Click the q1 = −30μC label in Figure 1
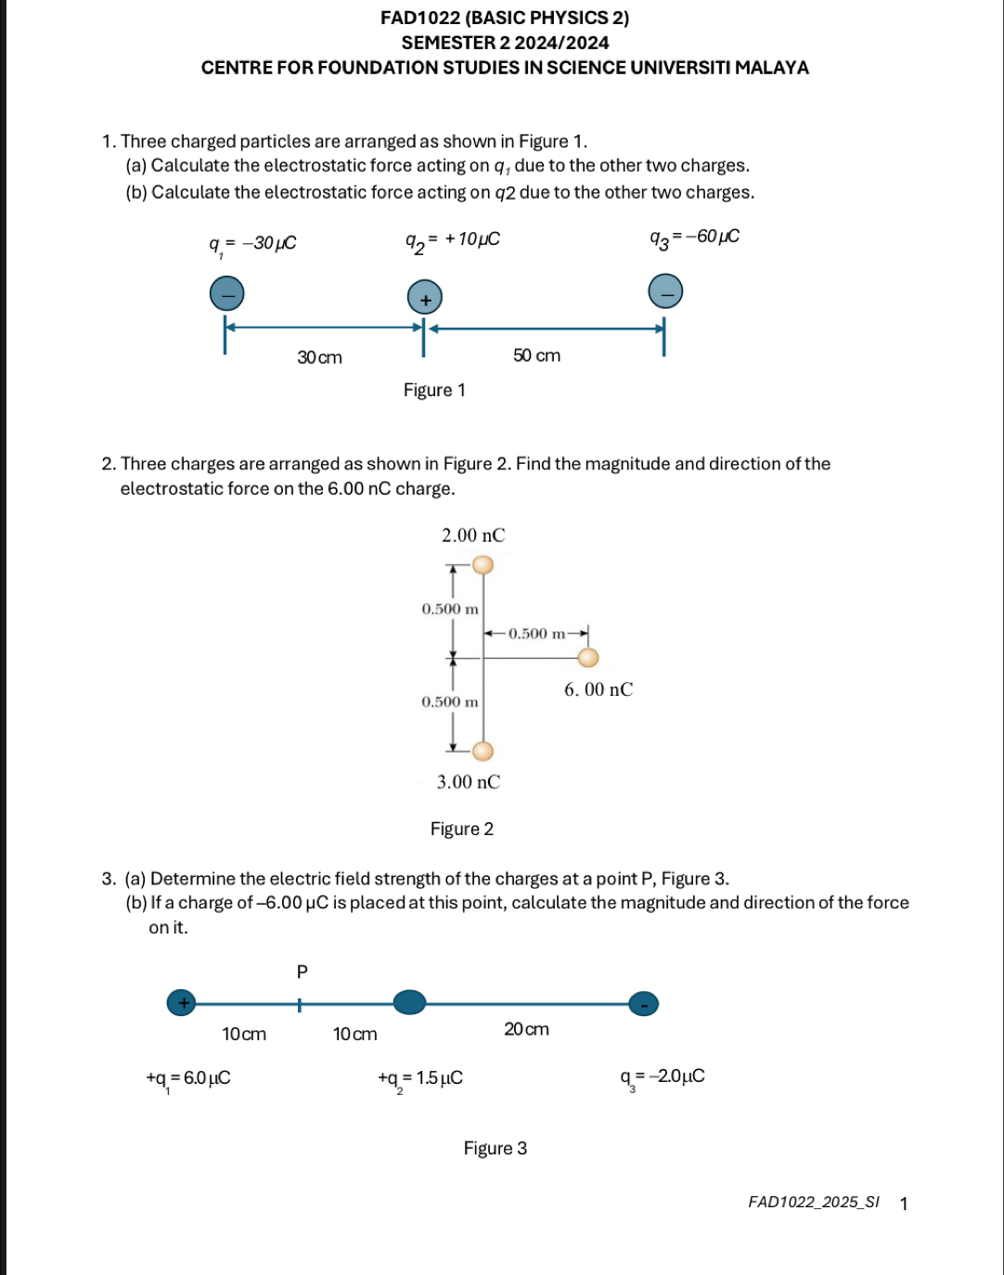tap(252, 244)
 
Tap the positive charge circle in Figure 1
tap(425, 299)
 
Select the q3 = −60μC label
tap(694, 238)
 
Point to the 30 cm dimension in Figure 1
tap(319, 357)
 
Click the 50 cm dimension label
tap(536, 355)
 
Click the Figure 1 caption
tap(434, 391)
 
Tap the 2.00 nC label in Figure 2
tap(473, 535)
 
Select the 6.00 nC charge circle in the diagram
tap(588, 658)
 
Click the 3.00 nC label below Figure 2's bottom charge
tap(469, 782)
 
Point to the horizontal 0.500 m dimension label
tap(536, 634)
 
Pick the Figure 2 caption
tap(462, 829)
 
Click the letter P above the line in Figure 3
tap(302, 972)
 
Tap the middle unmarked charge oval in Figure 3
tap(409, 1002)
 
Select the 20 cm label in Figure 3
tap(526, 1029)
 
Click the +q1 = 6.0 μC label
tap(188, 1078)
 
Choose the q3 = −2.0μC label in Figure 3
tap(663, 1076)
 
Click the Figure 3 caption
tap(496, 1149)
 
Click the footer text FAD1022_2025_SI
tap(813, 1203)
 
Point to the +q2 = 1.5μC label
tap(420, 1078)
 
